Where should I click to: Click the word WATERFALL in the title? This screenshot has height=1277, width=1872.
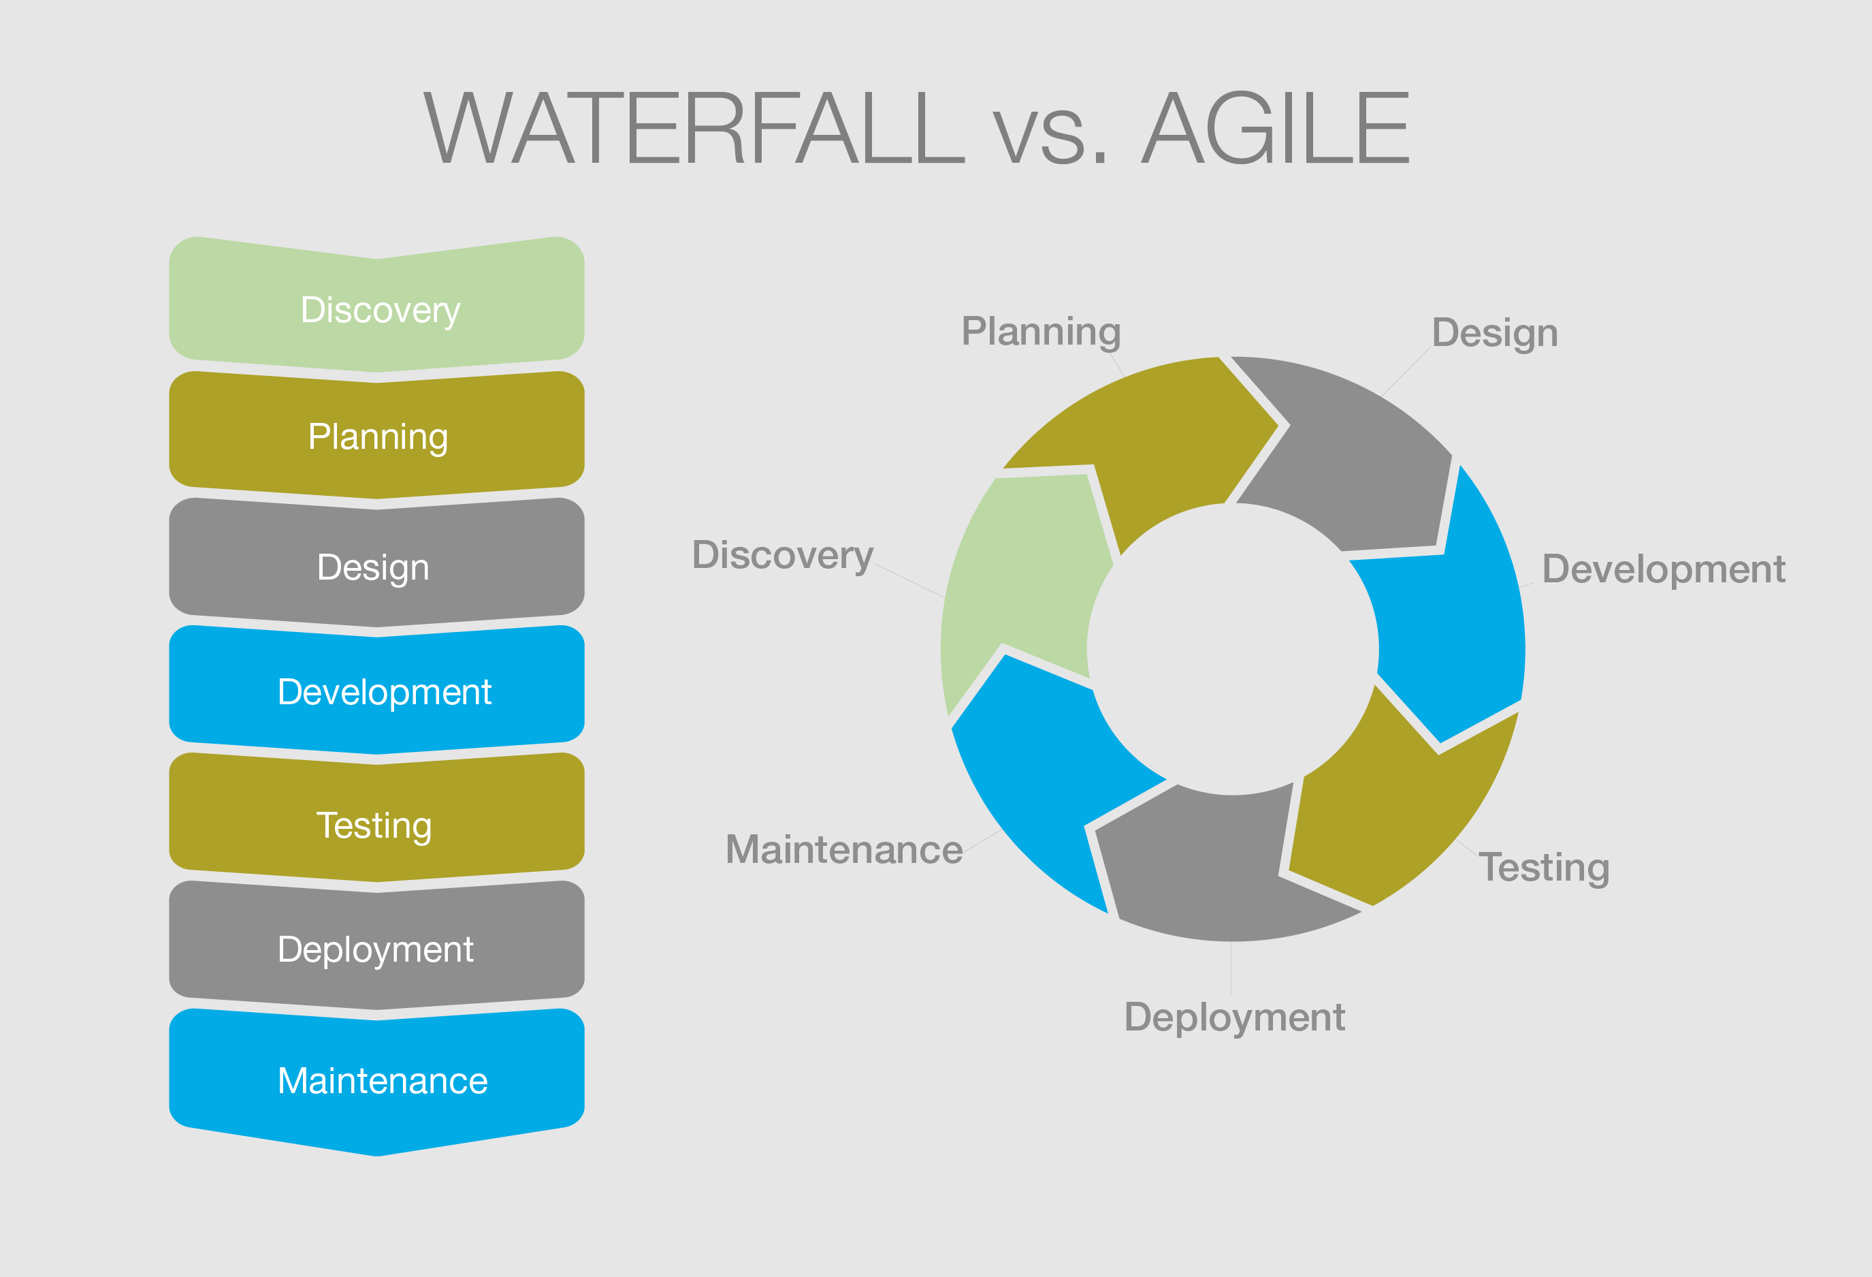(x=693, y=129)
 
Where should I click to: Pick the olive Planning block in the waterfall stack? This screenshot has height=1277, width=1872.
(x=377, y=436)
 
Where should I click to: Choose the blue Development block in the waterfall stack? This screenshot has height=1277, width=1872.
(x=377, y=691)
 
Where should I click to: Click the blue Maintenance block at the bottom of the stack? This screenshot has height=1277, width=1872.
(x=377, y=1079)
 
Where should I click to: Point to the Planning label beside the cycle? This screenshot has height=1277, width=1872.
(x=1041, y=332)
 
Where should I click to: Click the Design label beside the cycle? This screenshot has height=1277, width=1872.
(x=1494, y=334)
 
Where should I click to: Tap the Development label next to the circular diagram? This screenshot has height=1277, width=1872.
(x=1664, y=569)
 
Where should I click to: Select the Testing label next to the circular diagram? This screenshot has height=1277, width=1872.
(x=1543, y=868)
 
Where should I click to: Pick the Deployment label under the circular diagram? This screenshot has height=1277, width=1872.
(x=1234, y=1017)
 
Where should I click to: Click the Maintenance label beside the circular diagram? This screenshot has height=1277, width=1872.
(x=843, y=849)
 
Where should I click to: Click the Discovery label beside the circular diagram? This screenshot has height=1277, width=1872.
(x=782, y=555)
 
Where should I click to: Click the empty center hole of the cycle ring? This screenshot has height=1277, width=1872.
(x=1232, y=648)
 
